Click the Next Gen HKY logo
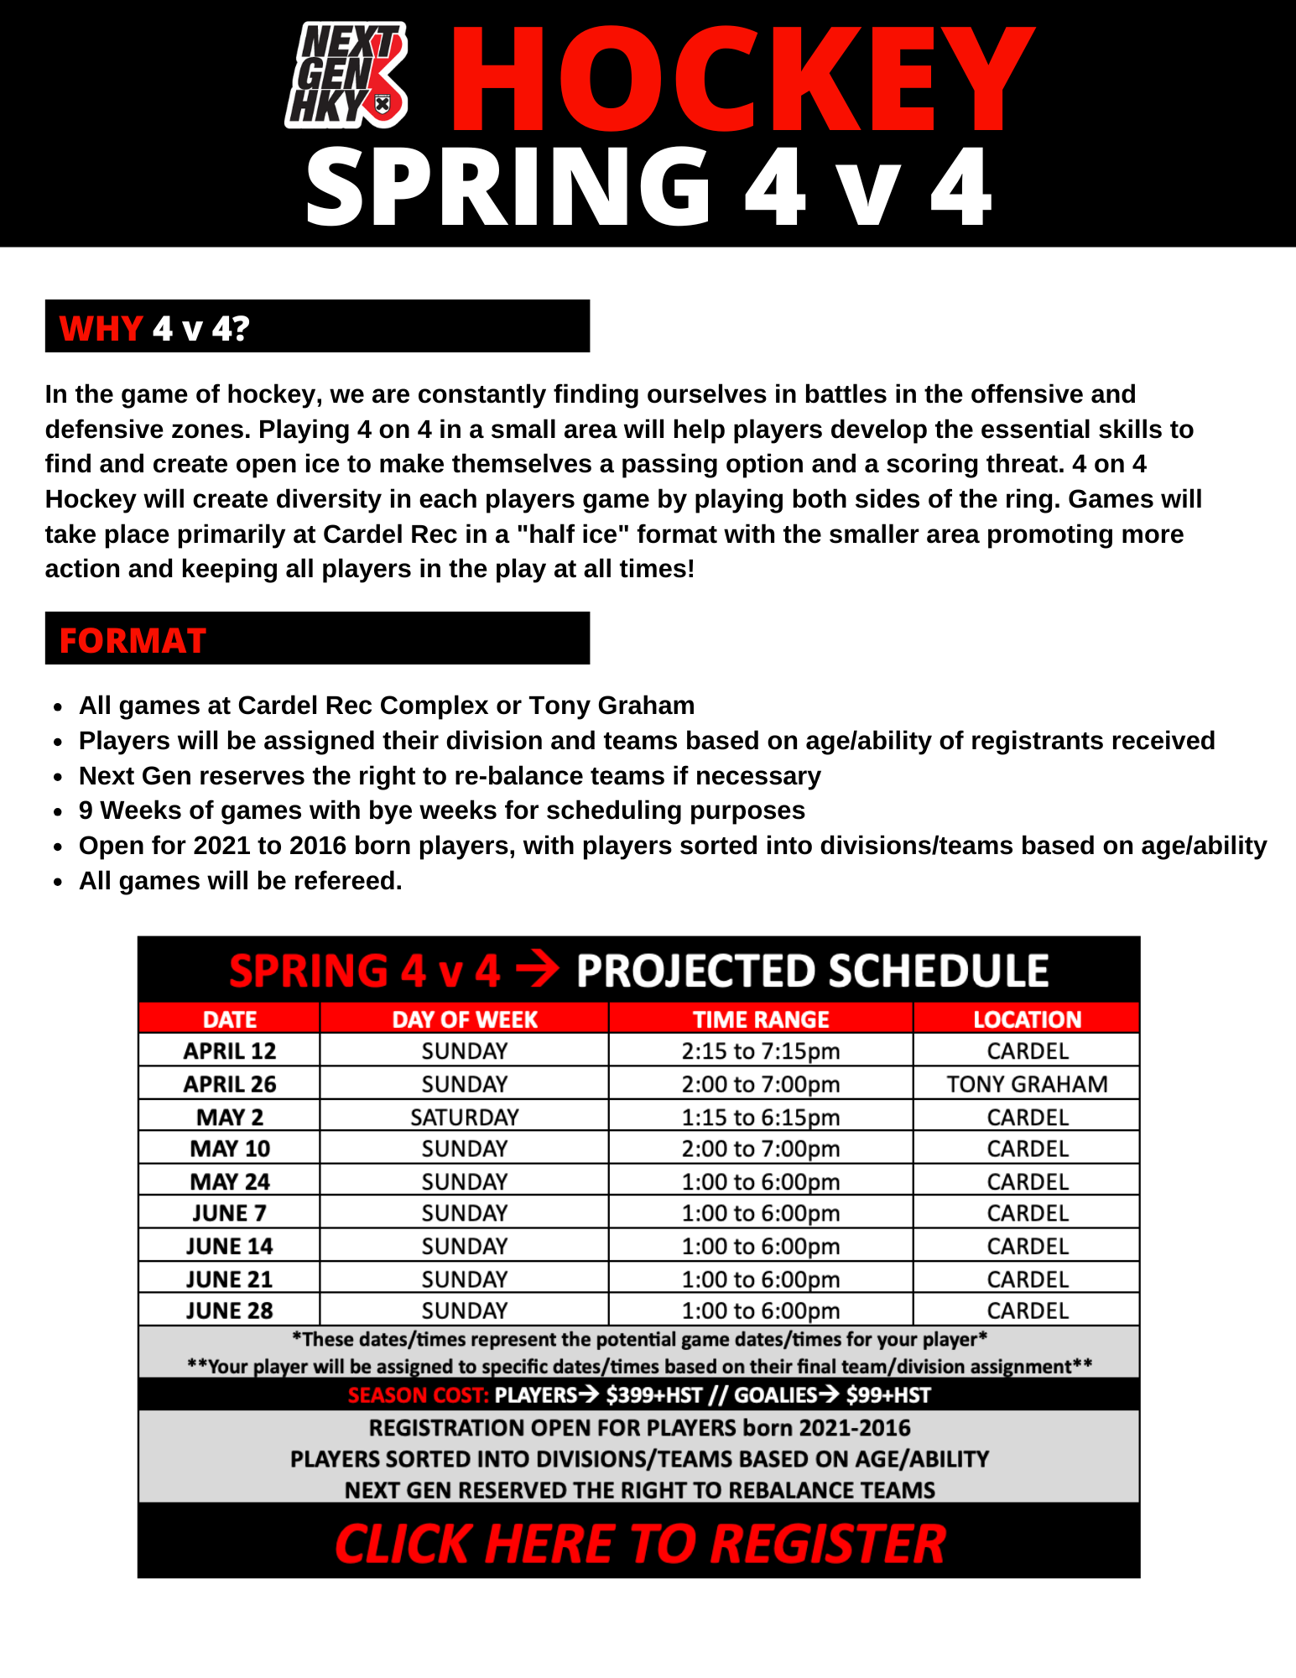click(346, 76)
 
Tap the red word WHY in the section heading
click(101, 328)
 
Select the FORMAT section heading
click(133, 641)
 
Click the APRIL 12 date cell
click(230, 1050)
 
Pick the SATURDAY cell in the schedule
click(465, 1117)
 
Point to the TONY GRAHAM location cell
click(1027, 1084)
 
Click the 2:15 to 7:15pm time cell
click(760, 1050)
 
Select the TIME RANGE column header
click(760, 1019)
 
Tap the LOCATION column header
click(1027, 1019)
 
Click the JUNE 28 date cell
click(230, 1311)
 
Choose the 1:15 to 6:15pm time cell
click(760, 1117)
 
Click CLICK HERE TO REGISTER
click(640, 1544)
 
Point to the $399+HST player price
click(653, 1395)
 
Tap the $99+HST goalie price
click(888, 1395)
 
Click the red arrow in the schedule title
click(538, 971)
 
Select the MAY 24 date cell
click(230, 1181)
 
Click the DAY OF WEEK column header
click(465, 1019)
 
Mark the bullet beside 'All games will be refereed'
click(57, 882)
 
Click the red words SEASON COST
click(418, 1395)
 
